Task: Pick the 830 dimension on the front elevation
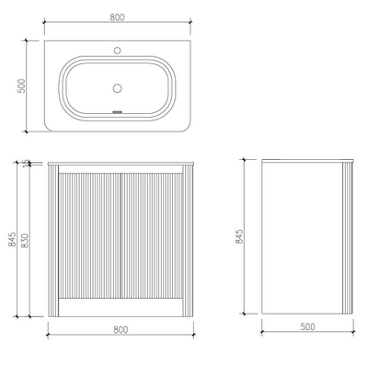pos(27,241)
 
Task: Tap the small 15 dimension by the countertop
pos(27,163)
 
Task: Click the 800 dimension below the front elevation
pos(120,328)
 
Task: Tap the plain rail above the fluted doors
pos(121,168)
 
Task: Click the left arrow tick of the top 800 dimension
pos(44,25)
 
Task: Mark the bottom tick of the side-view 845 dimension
pos(246,314)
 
